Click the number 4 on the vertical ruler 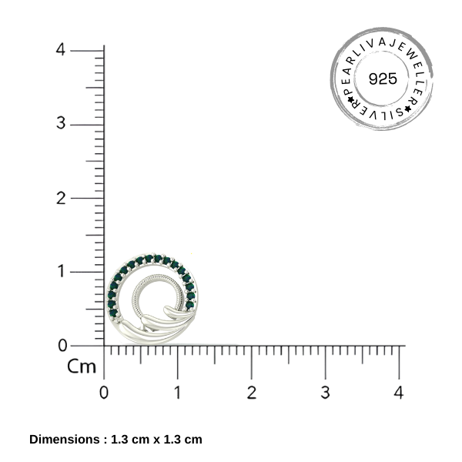click(x=60, y=49)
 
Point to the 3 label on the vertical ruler click(x=61, y=123)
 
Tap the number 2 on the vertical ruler click(x=61, y=198)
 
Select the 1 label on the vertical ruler click(x=62, y=271)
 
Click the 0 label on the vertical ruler click(x=62, y=345)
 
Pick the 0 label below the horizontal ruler click(x=104, y=393)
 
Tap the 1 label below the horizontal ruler click(x=177, y=393)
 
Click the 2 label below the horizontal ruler click(x=252, y=393)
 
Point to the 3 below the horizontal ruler click(x=325, y=393)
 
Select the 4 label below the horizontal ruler click(x=399, y=393)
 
